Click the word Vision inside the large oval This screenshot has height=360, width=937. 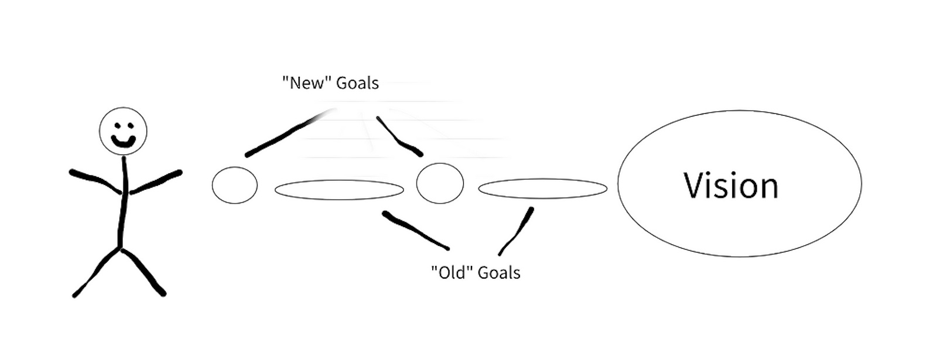pos(730,186)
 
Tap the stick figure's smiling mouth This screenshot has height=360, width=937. pos(124,141)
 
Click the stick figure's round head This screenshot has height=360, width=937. pos(123,120)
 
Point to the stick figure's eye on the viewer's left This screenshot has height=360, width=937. pos(117,125)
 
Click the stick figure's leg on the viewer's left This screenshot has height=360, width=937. pos(97,272)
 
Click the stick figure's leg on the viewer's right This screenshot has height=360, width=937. pos(142,270)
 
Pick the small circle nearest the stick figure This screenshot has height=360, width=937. pos(234,185)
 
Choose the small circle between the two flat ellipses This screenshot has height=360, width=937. pos(440,183)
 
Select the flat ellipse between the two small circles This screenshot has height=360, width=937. pos(339,190)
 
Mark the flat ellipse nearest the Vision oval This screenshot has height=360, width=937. pos(542,188)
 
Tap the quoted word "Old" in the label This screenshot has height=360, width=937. pos(452,273)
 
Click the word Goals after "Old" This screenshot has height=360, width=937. pos(499,273)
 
